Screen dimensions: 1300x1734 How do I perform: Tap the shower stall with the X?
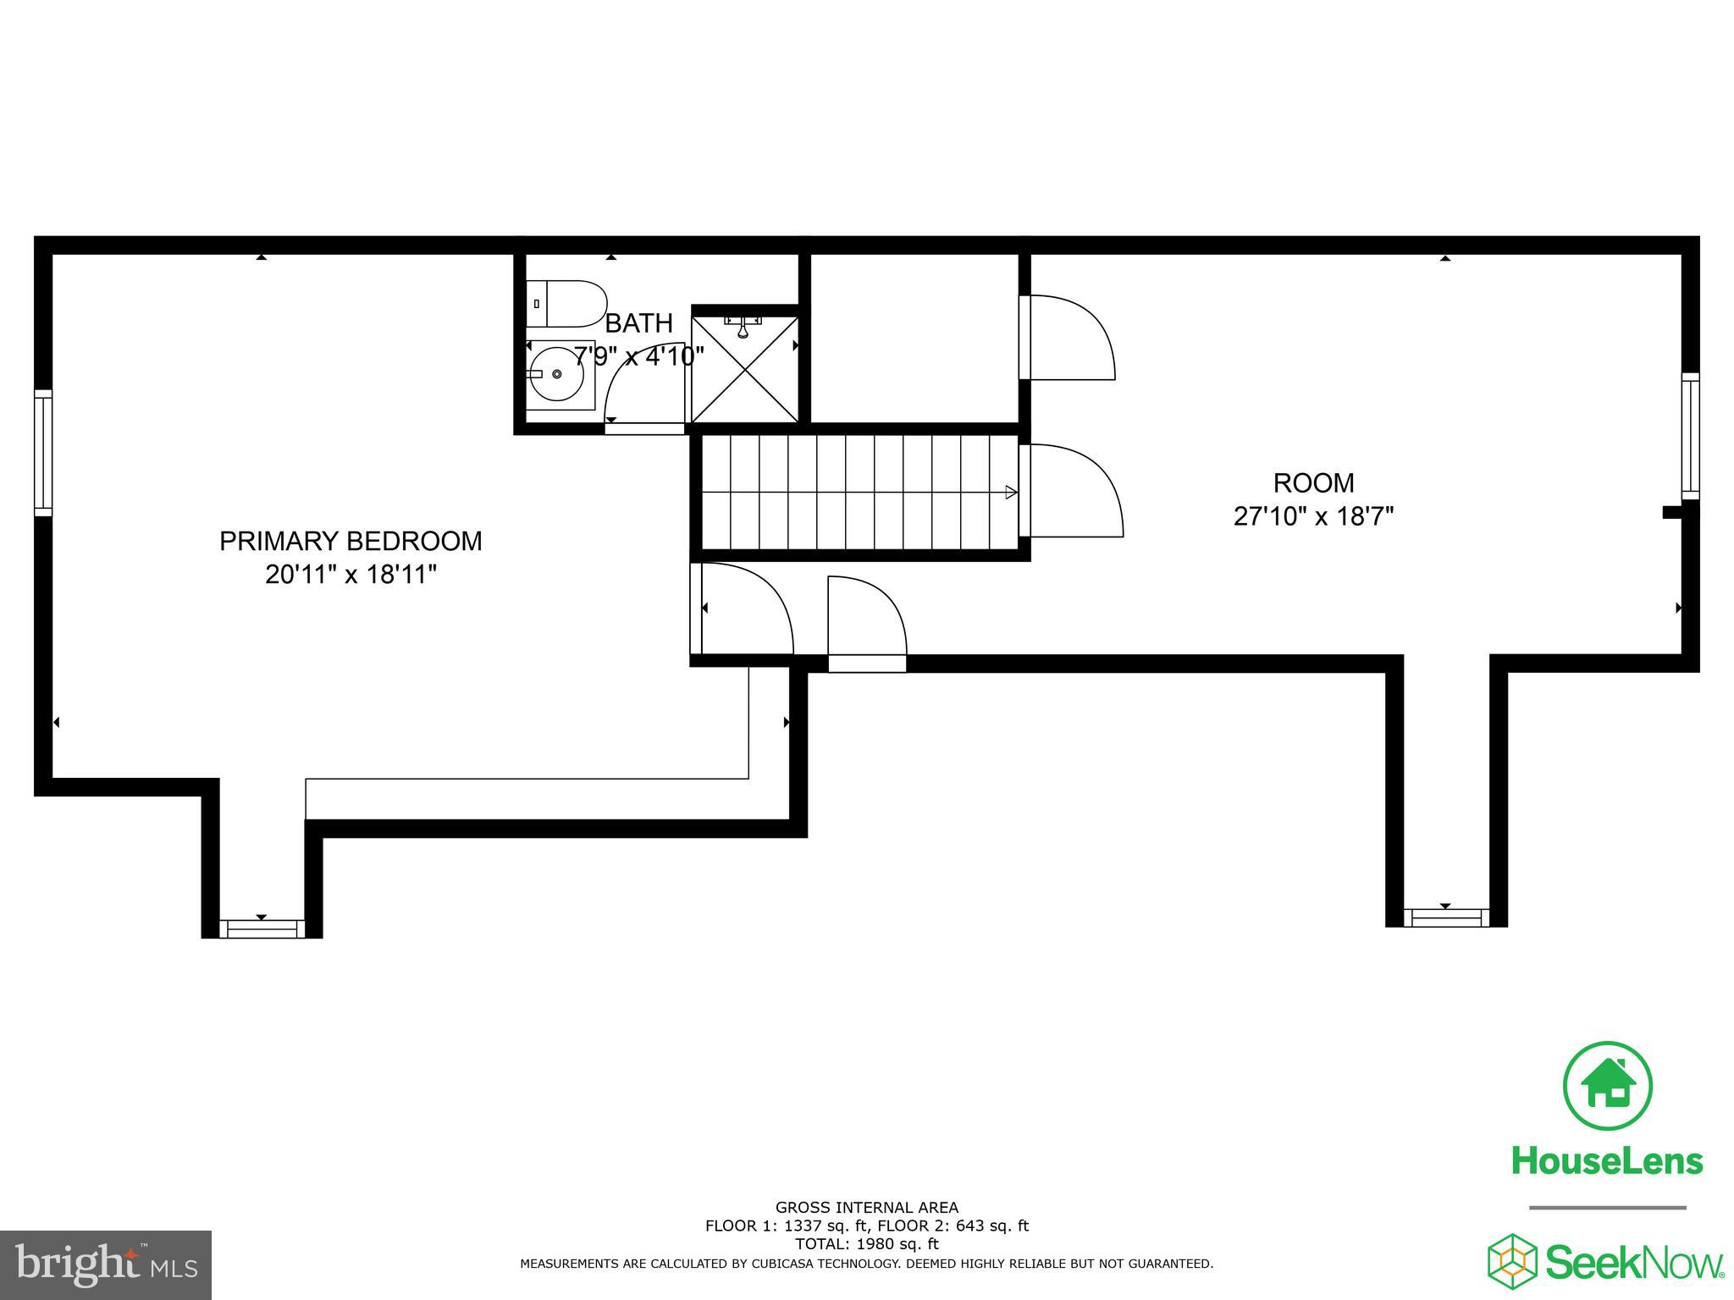(x=745, y=369)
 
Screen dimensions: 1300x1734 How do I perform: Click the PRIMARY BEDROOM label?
(x=351, y=542)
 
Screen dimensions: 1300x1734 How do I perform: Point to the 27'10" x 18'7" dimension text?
(x=1313, y=516)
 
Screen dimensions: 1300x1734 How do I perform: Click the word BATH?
(x=639, y=323)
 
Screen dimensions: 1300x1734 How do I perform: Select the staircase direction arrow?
(x=1011, y=492)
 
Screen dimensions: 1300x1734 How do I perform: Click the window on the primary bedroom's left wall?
(x=43, y=452)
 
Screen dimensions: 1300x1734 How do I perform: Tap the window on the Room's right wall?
(x=1690, y=436)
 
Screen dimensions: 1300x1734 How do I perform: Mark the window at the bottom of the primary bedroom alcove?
(x=262, y=928)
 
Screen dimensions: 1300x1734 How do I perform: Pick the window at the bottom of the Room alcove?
(x=1446, y=917)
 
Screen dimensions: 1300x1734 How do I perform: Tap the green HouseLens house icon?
(x=1607, y=1086)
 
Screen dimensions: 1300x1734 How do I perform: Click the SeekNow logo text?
(x=1634, y=1263)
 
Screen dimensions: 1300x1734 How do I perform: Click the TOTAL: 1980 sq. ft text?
(x=866, y=1244)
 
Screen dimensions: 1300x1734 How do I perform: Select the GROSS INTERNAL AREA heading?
(x=866, y=1208)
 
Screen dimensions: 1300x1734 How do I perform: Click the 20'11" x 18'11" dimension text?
(x=351, y=576)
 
